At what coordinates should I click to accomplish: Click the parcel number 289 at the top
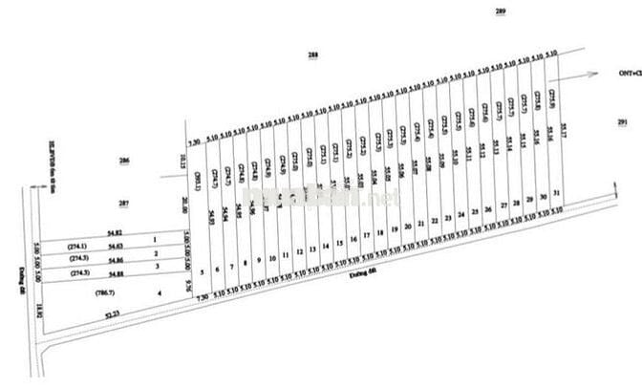tap(500, 11)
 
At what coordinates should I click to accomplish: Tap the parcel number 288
tap(312, 56)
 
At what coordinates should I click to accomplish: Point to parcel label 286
tap(122, 161)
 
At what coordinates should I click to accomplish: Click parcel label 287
tap(122, 204)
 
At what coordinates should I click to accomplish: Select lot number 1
tap(155, 239)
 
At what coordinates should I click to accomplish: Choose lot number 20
tap(408, 227)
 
